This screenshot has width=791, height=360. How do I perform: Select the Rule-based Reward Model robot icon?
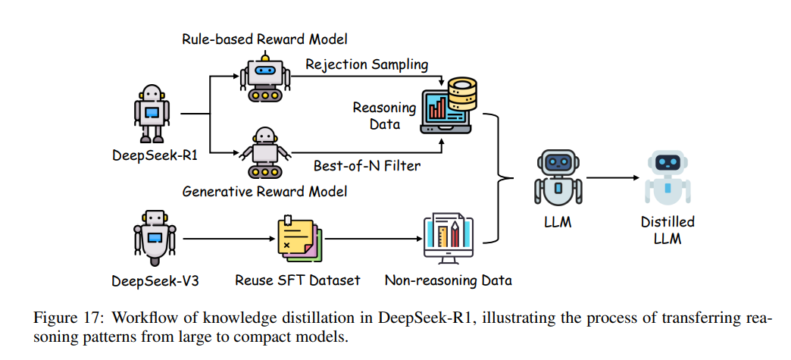click(264, 78)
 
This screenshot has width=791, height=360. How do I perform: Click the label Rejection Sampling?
click(366, 64)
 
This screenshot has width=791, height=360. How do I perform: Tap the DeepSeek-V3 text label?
click(155, 280)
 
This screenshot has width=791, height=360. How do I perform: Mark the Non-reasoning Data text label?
click(448, 280)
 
